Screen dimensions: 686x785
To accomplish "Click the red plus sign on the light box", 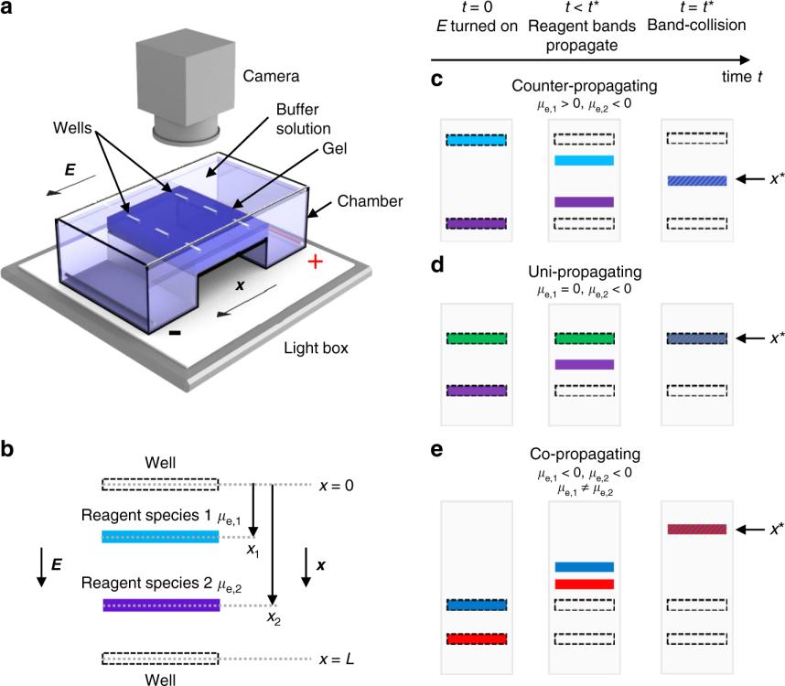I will pos(316,263).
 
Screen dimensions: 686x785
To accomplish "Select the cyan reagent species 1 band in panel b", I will pos(160,538).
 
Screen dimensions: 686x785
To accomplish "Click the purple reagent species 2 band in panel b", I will pos(160,606).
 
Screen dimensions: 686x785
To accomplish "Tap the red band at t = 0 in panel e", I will pos(475,638).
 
